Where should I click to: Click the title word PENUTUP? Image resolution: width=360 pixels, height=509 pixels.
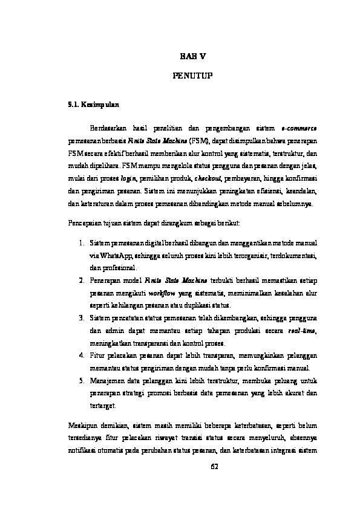192,76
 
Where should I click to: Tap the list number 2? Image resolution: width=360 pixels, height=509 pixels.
81,280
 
